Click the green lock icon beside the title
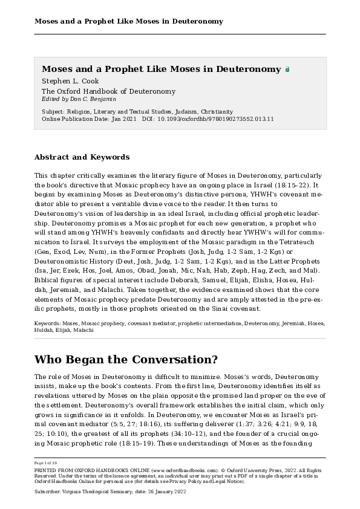[x=287, y=70]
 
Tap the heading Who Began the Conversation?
[x=126, y=360]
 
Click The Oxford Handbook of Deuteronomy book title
[x=108, y=91]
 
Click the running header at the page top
[x=129, y=22]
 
